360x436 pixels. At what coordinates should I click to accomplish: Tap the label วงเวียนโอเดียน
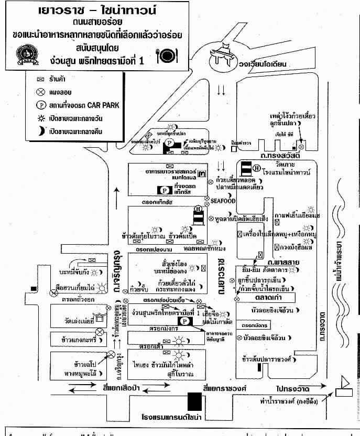[272, 65]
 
